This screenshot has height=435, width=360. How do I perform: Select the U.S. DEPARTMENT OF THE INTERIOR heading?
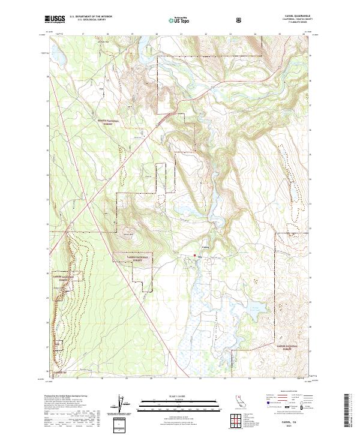click(90, 17)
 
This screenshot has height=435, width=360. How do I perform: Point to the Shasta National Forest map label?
click(108, 122)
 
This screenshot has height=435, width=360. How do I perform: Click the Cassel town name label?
click(205, 245)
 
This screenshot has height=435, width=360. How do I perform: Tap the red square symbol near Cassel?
click(194, 256)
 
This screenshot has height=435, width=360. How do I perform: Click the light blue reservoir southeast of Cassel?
click(255, 311)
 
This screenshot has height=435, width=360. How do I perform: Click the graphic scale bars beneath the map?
click(173, 406)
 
